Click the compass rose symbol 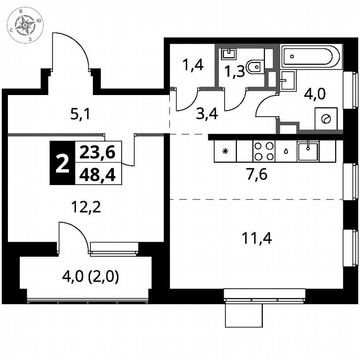(x=26, y=26)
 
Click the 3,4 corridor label (x=207, y=113)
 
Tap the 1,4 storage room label (x=193, y=65)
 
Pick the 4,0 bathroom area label (x=315, y=92)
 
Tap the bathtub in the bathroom (x=312, y=57)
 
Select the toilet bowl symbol (x=255, y=67)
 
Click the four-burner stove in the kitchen (x=264, y=151)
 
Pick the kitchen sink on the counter (x=308, y=150)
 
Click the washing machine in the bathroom (x=326, y=119)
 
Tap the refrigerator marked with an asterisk (x=225, y=151)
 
